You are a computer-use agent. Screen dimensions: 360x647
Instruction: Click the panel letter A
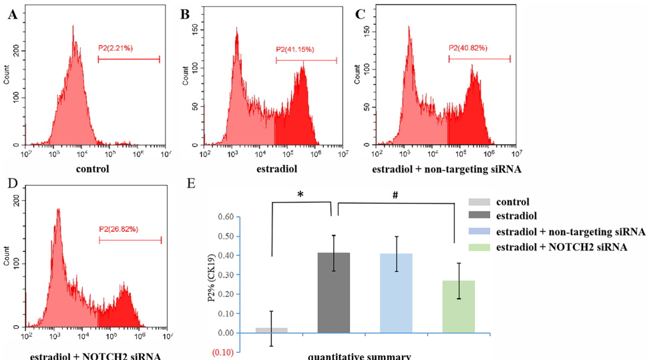pos(11,14)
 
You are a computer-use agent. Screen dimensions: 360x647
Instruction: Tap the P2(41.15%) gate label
pos(294,49)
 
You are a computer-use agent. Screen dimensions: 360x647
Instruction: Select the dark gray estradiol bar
pos(333,293)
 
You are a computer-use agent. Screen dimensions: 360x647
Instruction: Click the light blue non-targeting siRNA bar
pos(396,293)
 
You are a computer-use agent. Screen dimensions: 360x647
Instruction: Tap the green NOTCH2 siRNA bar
pos(459,307)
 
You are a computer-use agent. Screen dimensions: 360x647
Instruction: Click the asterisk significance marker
pos(300,194)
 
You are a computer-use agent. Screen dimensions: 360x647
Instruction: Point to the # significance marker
pos(396,194)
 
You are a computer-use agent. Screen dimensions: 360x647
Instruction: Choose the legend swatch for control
pos(481,202)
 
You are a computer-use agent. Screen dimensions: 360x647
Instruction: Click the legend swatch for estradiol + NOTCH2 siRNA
pos(481,248)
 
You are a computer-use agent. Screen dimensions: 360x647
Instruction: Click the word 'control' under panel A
pos(93,169)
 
